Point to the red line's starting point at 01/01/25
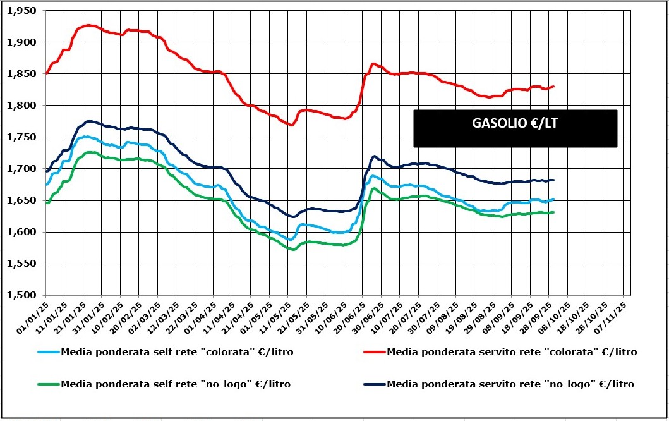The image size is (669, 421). pyautogui.click(x=46, y=73)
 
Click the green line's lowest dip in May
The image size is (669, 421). pyautogui.click(x=292, y=249)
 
